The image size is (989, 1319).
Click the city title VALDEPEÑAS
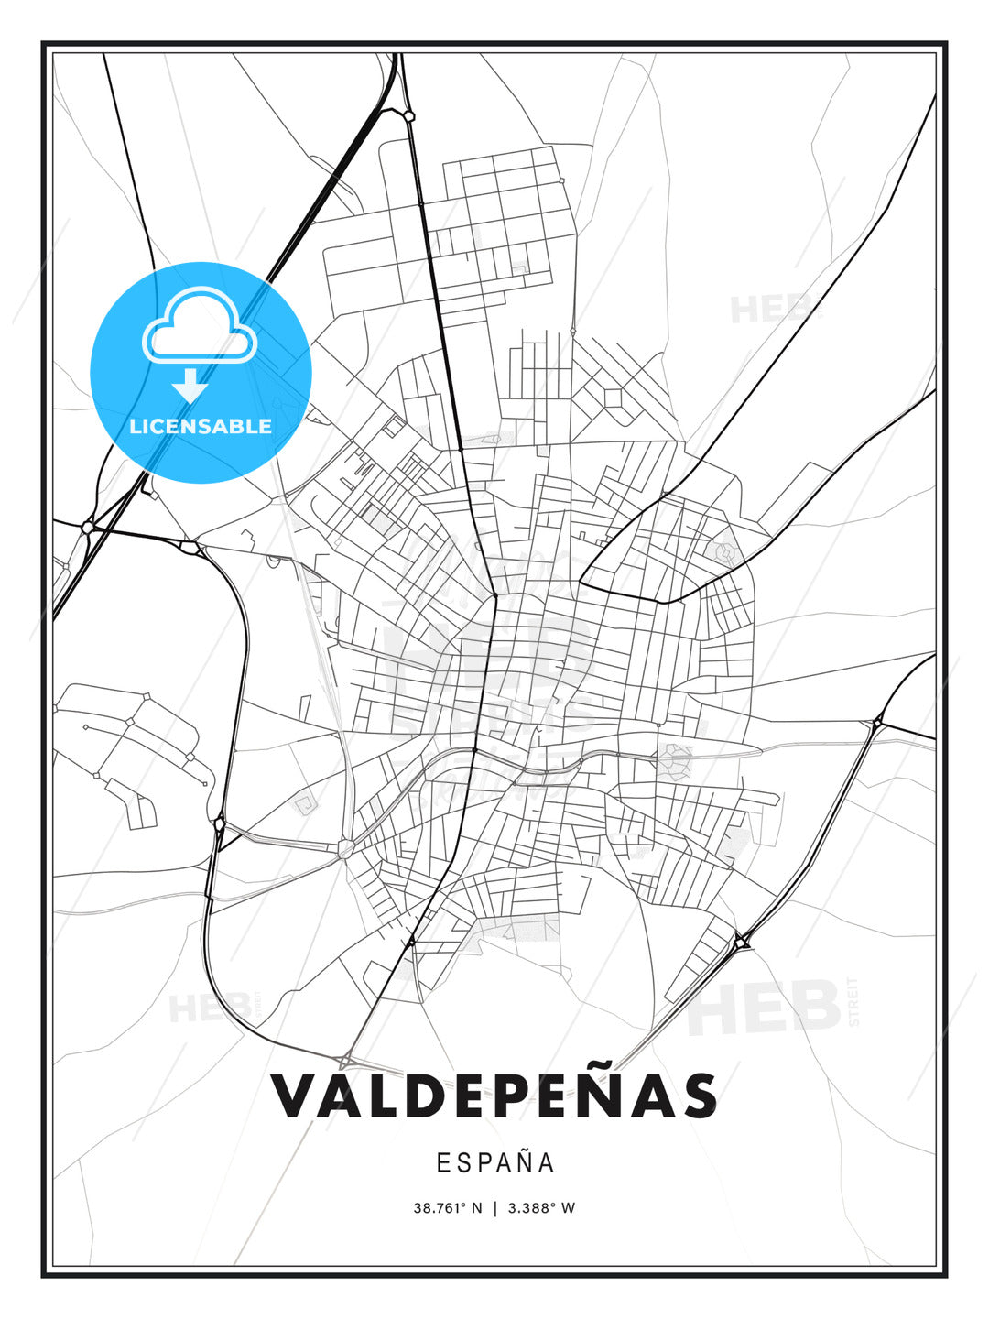point(494,1096)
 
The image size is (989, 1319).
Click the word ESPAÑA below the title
point(495,1163)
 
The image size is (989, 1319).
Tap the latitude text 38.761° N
point(447,1208)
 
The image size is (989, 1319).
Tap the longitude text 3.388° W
point(541,1208)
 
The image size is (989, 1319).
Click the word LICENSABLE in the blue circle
point(201,426)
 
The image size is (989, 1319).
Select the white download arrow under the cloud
point(190,385)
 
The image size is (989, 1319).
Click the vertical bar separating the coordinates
point(495,1208)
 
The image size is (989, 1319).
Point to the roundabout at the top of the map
point(408,115)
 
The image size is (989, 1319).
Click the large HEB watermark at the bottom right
point(765,1008)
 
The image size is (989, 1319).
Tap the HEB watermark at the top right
point(770,310)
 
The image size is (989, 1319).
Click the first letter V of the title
point(293,1096)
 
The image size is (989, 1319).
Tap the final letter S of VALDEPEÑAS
point(699,1096)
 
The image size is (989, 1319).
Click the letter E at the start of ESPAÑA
point(442,1163)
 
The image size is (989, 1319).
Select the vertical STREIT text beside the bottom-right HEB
point(854,1002)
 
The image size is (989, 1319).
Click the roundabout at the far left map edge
point(88,527)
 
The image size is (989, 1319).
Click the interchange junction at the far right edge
point(877,723)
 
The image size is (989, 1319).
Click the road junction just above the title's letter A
point(346,1061)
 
